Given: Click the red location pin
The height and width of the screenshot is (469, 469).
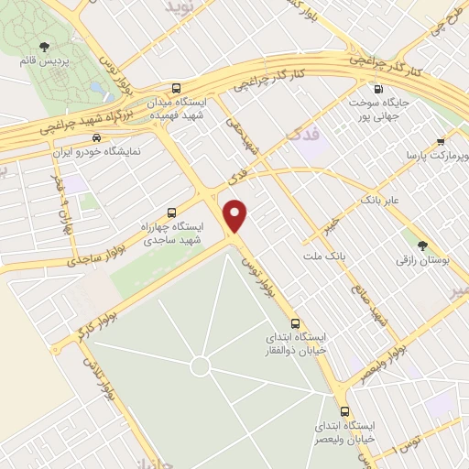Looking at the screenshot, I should pos(236,215).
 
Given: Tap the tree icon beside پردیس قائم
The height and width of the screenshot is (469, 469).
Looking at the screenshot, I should pos(42,46).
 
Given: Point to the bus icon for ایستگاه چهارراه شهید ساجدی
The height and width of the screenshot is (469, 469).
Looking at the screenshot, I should pos(172,213).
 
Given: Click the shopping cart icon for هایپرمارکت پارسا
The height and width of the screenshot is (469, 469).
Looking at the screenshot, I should pos(441,141).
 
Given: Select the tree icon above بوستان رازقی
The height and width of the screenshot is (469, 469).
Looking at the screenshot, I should pos(422,245).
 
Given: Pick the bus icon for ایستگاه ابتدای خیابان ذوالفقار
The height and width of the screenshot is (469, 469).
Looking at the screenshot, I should pos(295,322).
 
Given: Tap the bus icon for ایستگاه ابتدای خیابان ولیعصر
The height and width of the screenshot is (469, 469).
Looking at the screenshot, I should pos(345,412).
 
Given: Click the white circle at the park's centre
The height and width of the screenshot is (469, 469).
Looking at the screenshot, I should pos(200,367).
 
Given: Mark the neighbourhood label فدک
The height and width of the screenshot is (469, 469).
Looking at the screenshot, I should pos(303,134).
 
